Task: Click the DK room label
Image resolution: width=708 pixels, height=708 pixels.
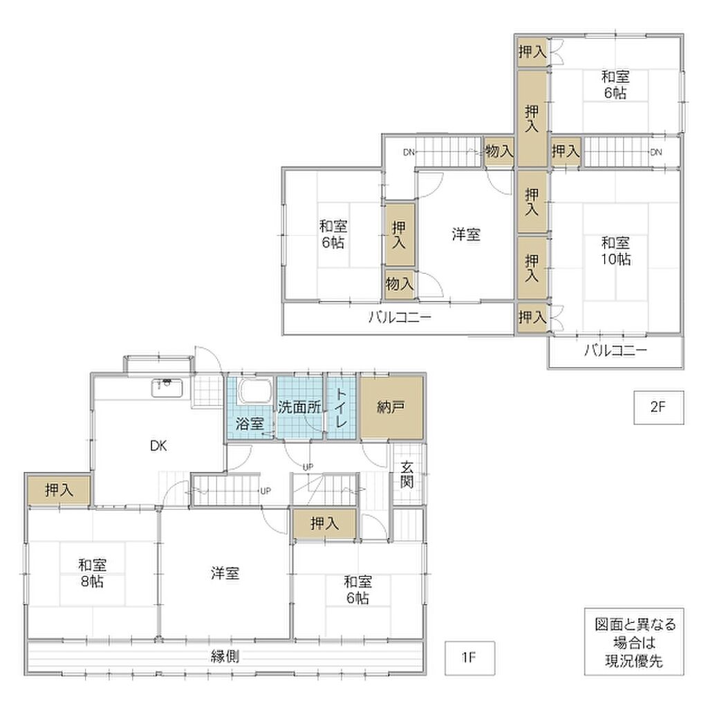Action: tap(158, 446)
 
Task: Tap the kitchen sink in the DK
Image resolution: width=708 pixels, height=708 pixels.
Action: tap(167, 388)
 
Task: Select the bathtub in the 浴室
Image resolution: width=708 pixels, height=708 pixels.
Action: tap(254, 391)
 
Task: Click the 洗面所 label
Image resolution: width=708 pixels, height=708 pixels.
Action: tap(299, 407)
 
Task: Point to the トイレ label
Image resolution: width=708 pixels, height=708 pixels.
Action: tap(341, 408)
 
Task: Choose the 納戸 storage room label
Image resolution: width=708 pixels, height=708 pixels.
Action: tap(391, 407)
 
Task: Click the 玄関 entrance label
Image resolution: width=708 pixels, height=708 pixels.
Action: tap(407, 474)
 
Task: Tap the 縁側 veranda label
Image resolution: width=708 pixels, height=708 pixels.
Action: tap(225, 656)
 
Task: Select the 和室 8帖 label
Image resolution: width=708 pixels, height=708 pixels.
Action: tap(92, 573)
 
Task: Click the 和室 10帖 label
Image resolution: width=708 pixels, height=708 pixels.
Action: tap(615, 251)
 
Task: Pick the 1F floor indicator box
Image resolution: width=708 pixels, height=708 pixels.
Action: tap(469, 658)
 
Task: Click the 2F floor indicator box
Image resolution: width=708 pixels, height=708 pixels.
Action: tap(658, 407)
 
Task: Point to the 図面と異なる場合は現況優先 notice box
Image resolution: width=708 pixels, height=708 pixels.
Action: tap(634, 642)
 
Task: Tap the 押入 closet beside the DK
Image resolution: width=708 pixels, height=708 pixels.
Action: tap(59, 490)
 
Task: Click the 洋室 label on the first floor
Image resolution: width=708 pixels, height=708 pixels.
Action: tap(225, 573)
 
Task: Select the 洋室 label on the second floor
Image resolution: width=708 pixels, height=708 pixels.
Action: tap(466, 235)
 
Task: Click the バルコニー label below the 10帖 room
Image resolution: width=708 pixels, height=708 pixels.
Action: tap(615, 350)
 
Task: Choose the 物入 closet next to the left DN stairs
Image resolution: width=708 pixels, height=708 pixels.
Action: tap(499, 151)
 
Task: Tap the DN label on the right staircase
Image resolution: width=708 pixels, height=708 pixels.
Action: tap(656, 152)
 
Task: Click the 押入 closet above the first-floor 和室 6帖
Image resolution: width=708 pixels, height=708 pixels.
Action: tap(325, 524)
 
